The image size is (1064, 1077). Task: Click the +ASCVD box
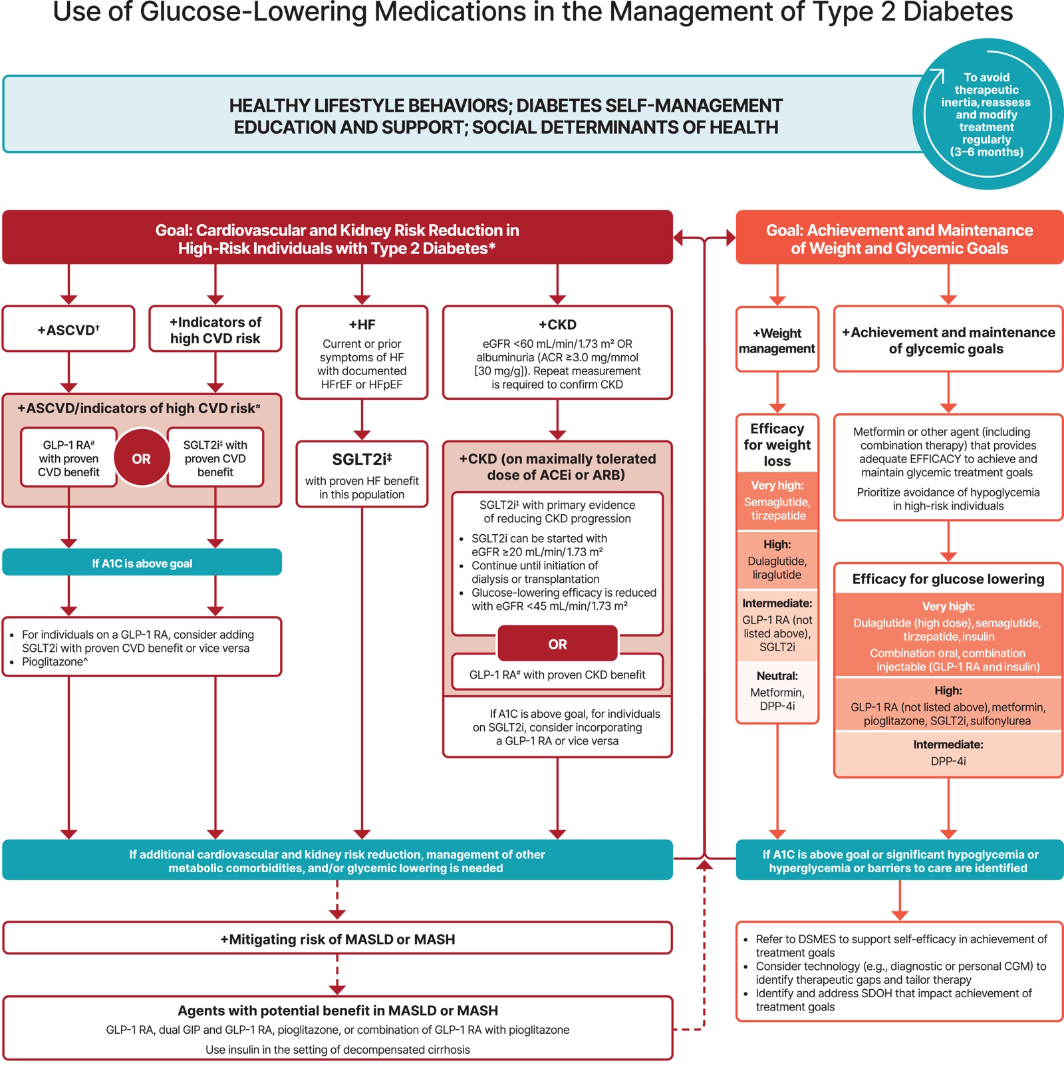(68, 329)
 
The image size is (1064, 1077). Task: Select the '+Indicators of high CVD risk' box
(215, 330)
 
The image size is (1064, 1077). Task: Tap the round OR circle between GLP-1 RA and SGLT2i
(141, 458)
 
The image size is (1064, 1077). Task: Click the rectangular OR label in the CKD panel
(557, 644)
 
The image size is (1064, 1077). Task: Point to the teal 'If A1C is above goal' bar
(142, 563)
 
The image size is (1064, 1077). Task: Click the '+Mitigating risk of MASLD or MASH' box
(337, 939)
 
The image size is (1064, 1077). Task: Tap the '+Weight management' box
(777, 341)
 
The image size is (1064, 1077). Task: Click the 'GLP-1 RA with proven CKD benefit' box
(557, 675)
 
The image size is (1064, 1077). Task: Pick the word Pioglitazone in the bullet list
(53, 662)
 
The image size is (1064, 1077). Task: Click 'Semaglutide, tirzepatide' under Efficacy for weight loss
(777, 509)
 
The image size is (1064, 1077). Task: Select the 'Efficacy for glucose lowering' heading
(948, 579)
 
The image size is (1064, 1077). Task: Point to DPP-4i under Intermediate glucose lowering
(948, 761)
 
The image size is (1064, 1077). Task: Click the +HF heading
(362, 325)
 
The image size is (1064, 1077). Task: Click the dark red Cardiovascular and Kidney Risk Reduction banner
(337, 239)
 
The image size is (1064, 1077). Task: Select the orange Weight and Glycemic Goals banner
(899, 239)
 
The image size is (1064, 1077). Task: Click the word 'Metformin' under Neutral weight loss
(777, 692)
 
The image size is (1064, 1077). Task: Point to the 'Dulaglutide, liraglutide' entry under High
(777, 567)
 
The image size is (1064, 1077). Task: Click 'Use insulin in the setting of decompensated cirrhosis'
(337, 1050)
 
